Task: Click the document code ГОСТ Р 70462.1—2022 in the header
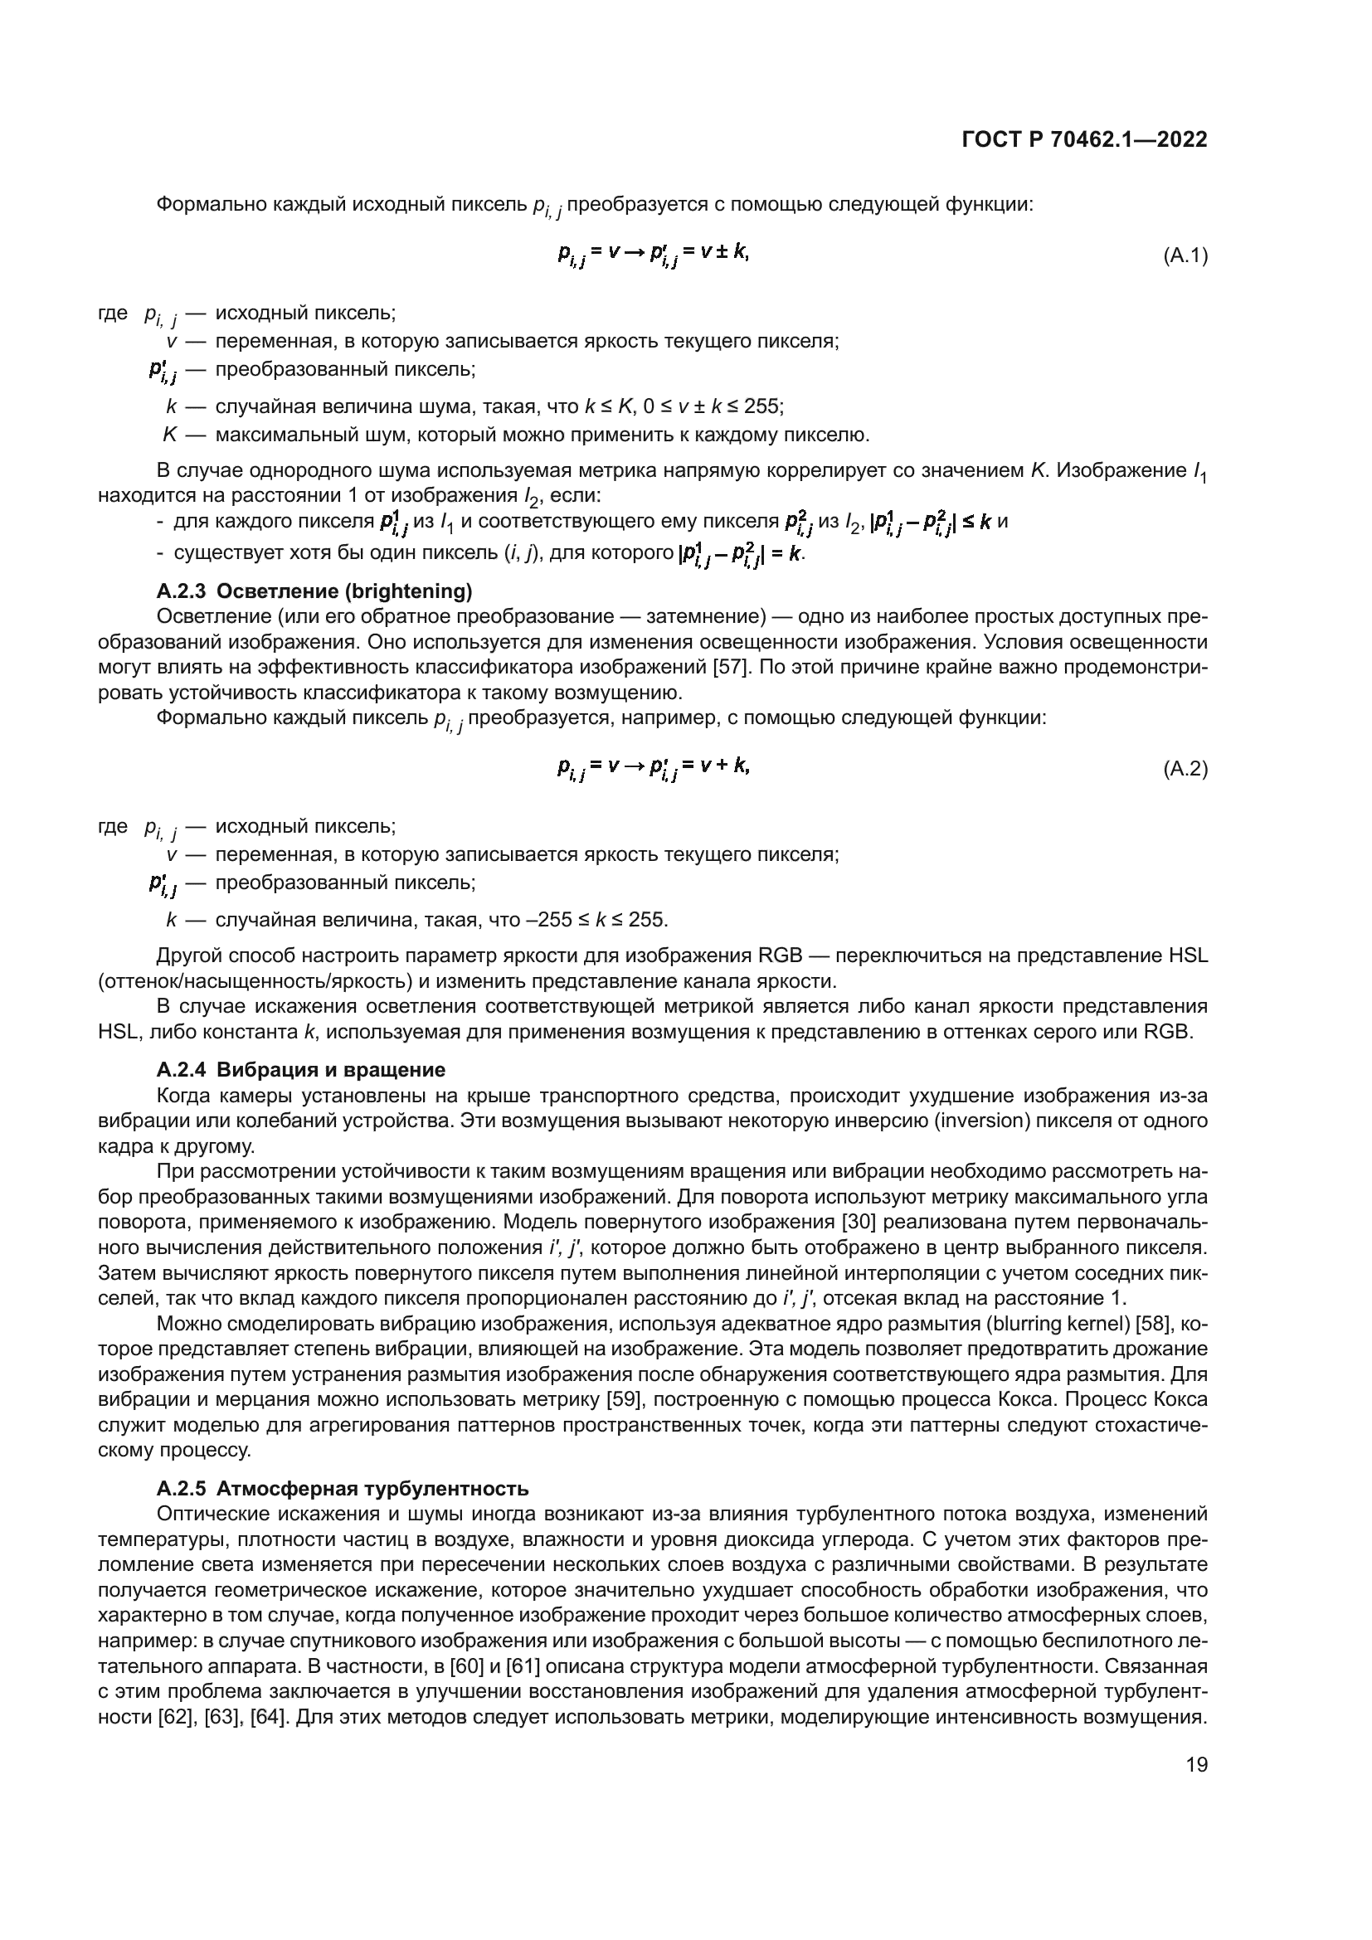pyautogui.click(x=1084, y=140)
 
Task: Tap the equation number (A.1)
pyautogui.click(x=1185, y=255)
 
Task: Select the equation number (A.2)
pyautogui.click(x=1185, y=769)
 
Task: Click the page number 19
pyautogui.click(x=1196, y=1764)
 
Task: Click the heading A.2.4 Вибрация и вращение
pyautogui.click(x=301, y=1070)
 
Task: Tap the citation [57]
pyautogui.click(x=731, y=668)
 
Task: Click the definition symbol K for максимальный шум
pyautogui.click(x=170, y=435)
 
